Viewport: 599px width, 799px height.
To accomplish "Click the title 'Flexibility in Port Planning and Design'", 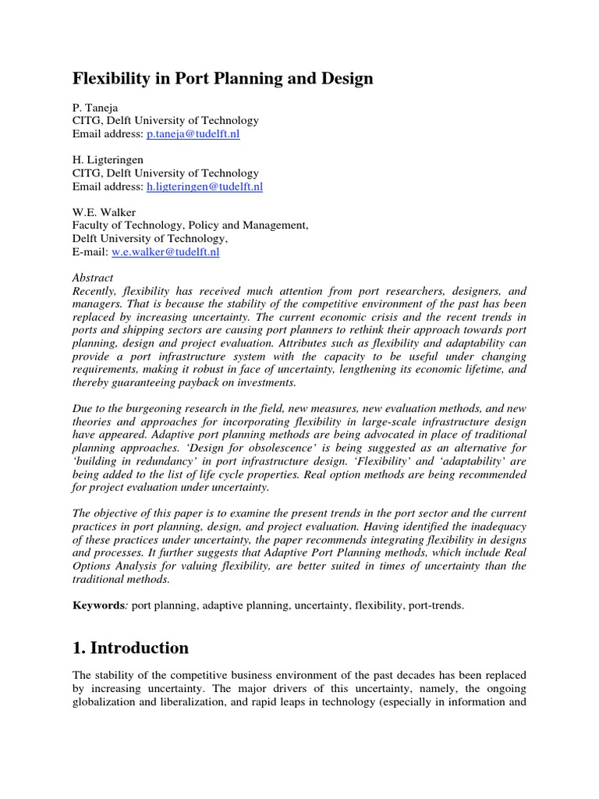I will click(x=222, y=79).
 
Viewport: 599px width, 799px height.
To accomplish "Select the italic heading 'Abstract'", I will click(x=93, y=278).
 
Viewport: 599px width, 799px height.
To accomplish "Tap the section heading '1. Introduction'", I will click(x=130, y=648).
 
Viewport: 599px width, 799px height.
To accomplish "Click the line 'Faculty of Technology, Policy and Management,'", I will click(x=190, y=225).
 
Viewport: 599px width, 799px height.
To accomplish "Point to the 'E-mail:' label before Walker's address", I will click(x=90, y=252).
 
